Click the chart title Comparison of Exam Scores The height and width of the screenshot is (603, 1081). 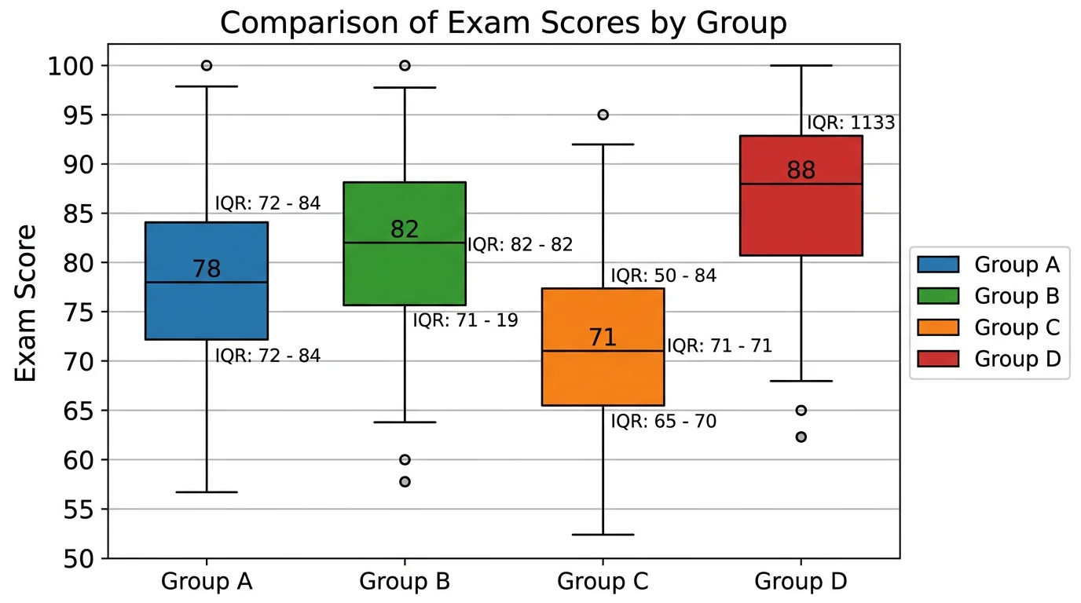tap(503, 23)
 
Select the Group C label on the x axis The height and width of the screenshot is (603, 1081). tap(603, 582)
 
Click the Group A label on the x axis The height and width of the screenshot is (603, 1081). tap(207, 582)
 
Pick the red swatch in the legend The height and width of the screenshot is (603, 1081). tap(938, 359)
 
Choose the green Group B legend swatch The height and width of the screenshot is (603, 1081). tap(938, 296)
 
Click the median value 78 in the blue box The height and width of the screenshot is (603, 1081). tap(207, 269)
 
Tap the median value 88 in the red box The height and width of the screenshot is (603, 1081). tap(801, 170)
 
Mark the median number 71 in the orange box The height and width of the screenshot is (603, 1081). tap(603, 338)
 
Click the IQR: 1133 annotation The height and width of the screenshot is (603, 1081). tap(851, 123)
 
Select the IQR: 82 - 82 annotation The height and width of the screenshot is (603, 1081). tap(520, 245)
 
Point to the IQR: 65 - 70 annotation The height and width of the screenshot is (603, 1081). tap(664, 422)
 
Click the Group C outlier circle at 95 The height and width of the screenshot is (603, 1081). tap(603, 115)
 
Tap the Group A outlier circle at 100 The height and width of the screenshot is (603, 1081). tap(207, 65)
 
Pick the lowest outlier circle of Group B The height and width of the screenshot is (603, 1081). tap(405, 481)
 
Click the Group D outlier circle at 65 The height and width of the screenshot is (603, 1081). tap(801, 410)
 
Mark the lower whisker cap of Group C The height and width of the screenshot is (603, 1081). tap(603, 535)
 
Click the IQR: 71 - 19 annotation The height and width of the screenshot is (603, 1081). tap(465, 320)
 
